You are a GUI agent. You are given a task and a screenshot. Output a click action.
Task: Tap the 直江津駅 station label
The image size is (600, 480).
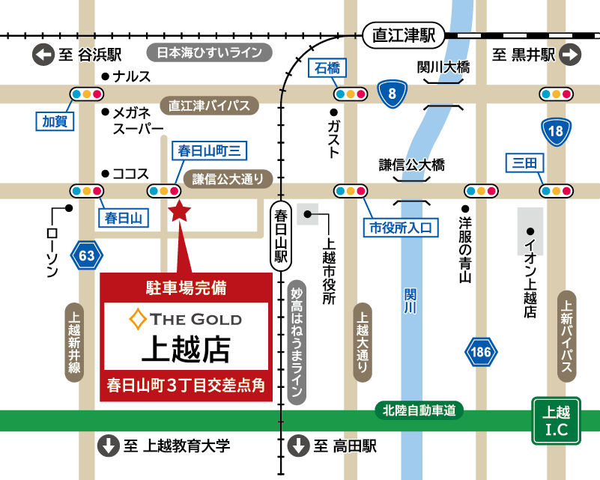pyautogui.click(x=404, y=35)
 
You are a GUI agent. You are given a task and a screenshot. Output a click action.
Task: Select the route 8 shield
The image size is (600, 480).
pyautogui.click(x=392, y=94)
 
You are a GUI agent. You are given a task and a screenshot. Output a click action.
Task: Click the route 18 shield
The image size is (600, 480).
pyautogui.click(x=556, y=133)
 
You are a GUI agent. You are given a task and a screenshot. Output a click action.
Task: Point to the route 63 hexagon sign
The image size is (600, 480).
pyautogui.click(x=87, y=256)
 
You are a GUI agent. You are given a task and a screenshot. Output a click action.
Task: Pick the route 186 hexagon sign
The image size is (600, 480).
pyautogui.click(x=481, y=351)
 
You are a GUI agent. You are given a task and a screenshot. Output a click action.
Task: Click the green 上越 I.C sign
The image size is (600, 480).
pyautogui.click(x=556, y=421)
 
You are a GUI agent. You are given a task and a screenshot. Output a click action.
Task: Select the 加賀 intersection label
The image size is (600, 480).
pyautogui.click(x=56, y=121)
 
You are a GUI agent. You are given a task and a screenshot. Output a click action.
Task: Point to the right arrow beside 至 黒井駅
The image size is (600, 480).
pyautogui.click(x=570, y=54)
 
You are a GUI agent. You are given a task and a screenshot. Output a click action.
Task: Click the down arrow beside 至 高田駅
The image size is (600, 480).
pyautogui.click(x=298, y=446)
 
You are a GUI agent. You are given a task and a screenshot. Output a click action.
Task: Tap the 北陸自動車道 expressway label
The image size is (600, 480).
pyautogui.click(x=419, y=410)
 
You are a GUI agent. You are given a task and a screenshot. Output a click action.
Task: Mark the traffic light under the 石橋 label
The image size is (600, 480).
pyautogui.click(x=350, y=94)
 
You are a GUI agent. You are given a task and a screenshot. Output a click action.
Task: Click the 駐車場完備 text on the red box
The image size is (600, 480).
pyautogui.click(x=185, y=287)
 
